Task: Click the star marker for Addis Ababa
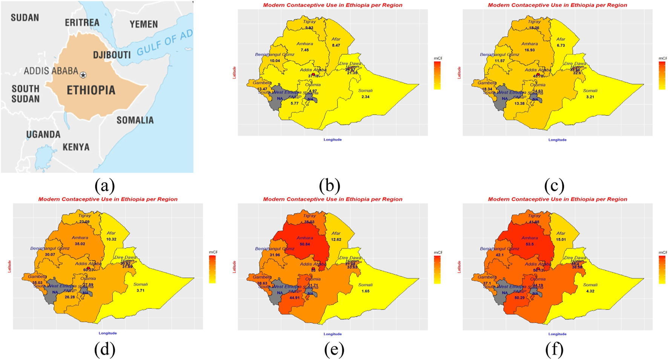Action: click(83, 75)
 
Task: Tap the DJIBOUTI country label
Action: click(112, 55)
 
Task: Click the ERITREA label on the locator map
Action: click(82, 23)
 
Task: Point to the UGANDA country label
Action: click(43, 135)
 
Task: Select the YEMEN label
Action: click(144, 25)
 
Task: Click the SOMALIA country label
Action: click(135, 120)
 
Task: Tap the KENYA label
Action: click(76, 147)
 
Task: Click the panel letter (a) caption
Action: click(105, 185)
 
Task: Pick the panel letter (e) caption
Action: click(334, 350)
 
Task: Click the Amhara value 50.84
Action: click(305, 244)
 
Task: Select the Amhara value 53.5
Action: click(530, 244)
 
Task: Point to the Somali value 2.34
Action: click(365, 97)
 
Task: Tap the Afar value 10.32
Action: click(111, 239)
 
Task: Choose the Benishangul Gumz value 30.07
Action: click(50, 255)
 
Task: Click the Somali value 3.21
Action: click(590, 97)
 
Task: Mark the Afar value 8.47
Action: click(336, 45)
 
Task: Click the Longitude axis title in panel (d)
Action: click(108, 333)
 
